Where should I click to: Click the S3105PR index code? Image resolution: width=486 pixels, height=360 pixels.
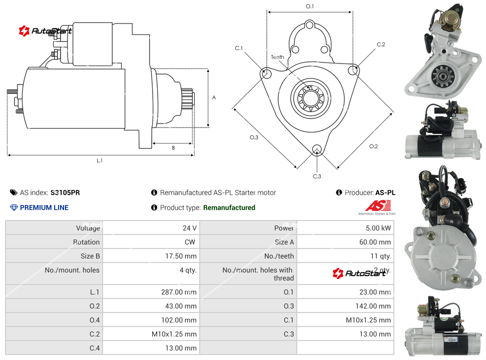point(65,192)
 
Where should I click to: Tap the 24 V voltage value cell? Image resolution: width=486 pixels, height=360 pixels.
point(189,228)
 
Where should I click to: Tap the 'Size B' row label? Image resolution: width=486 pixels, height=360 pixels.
point(90,256)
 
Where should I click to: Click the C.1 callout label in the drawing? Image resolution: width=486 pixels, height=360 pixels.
point(239,48)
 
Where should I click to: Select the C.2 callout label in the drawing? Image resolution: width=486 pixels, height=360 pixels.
point(381,44)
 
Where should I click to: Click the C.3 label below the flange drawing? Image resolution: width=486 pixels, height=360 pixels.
point(317,176)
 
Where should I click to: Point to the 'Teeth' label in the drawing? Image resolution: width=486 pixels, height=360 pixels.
point(277,57)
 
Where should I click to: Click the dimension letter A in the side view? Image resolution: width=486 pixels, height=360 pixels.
point(214,97)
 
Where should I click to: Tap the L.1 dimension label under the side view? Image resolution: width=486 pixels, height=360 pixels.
point(100,160)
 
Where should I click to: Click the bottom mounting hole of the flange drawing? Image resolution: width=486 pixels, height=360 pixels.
point(316,149)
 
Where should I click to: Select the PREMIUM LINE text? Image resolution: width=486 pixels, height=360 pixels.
point(44,207)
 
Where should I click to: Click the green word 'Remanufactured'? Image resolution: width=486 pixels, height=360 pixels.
point(229,207)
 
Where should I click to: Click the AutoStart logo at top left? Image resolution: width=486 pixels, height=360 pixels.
point(46,31)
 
